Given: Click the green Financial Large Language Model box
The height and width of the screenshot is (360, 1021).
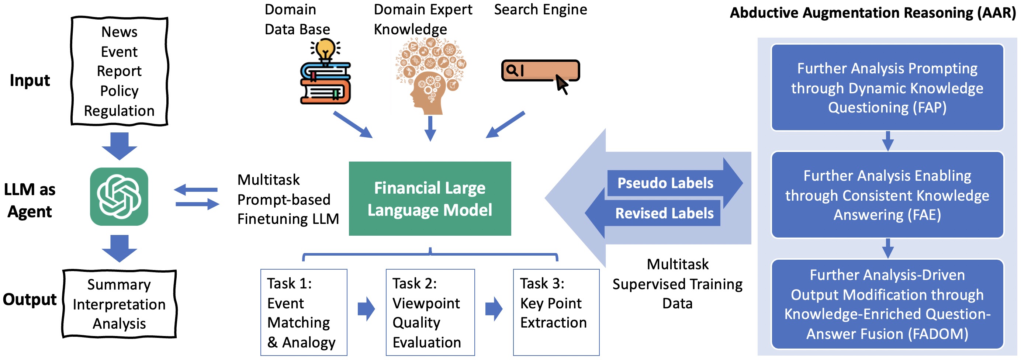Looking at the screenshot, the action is coord(430,198).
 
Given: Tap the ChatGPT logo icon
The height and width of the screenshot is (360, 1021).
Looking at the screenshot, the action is coord(119,197).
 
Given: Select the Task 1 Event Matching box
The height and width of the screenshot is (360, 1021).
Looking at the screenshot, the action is coord(304,312).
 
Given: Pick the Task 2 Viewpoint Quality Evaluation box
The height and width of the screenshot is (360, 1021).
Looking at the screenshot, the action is coord(430,312).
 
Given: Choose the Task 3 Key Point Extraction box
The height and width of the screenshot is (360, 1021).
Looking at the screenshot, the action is coord(556,312).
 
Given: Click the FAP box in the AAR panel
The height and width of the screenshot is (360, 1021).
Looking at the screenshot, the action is coord(887,88).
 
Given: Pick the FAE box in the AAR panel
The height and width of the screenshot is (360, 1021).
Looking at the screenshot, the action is coord(887,195).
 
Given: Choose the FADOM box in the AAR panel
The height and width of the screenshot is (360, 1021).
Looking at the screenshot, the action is coord(887,304).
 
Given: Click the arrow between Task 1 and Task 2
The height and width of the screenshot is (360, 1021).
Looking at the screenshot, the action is coord(366,308).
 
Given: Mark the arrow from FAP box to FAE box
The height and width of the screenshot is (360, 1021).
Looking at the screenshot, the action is coord(888,141).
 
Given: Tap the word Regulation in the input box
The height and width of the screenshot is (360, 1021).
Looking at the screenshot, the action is coord(119,111).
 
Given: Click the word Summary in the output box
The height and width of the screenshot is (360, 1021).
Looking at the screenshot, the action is coord(119,285).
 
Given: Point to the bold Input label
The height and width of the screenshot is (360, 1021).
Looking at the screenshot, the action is coord(30,80).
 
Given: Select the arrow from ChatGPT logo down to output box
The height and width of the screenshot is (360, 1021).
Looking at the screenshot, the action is coord(119,249).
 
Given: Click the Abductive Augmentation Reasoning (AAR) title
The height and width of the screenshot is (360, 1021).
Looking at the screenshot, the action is coord(873,13).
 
